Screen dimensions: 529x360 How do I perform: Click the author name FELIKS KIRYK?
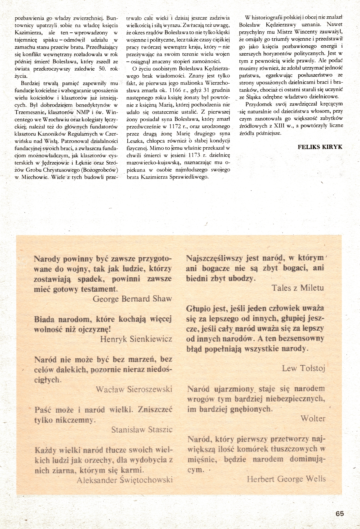(x=320, y=147)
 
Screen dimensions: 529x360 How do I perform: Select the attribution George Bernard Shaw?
(x=132, y=299)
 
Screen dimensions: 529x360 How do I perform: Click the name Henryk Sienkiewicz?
(x=136, y=339)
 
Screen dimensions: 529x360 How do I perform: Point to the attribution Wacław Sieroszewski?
(x=134, y=389)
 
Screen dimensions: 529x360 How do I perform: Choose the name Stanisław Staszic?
(x=142, y=430)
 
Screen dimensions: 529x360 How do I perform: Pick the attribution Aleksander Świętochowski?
(x=125, y=480)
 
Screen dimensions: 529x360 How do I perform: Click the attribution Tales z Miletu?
(x=298, y=288)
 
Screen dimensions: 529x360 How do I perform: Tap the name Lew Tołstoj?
(x=304, y=368)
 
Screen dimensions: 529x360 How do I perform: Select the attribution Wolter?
(x=313, y=418)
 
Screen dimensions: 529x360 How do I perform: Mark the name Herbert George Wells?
(x=286, y=479)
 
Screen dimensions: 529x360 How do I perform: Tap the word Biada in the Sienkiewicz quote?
(x=44, y=319)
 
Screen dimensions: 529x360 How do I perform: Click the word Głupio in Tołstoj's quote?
(x=197, y=308)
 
